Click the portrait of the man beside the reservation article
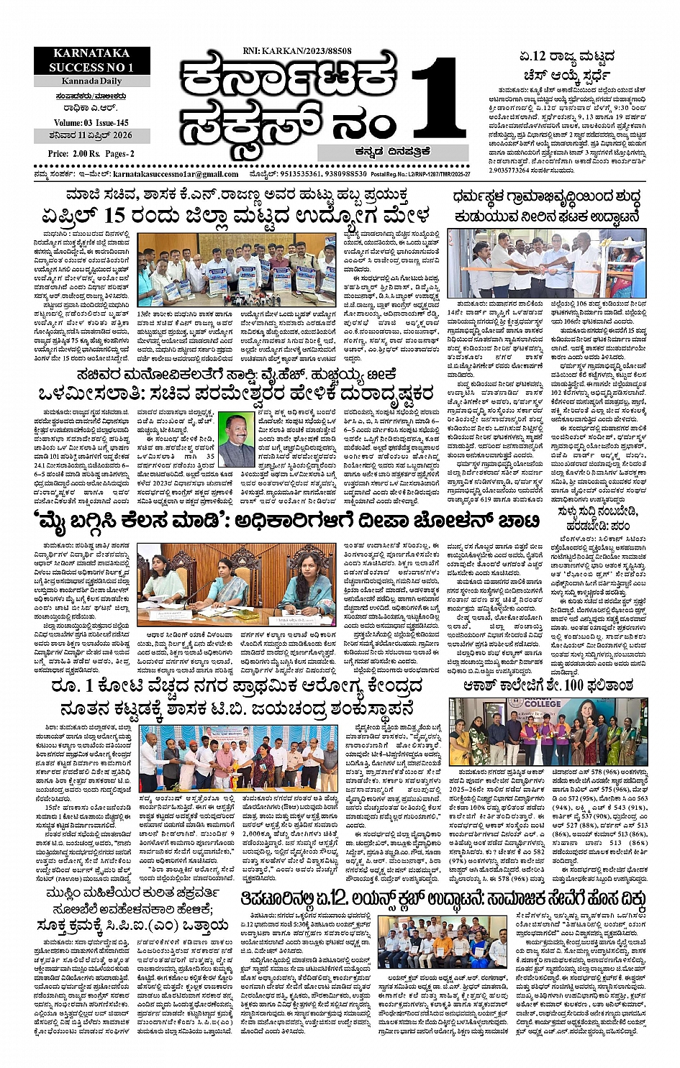click(236, 440)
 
